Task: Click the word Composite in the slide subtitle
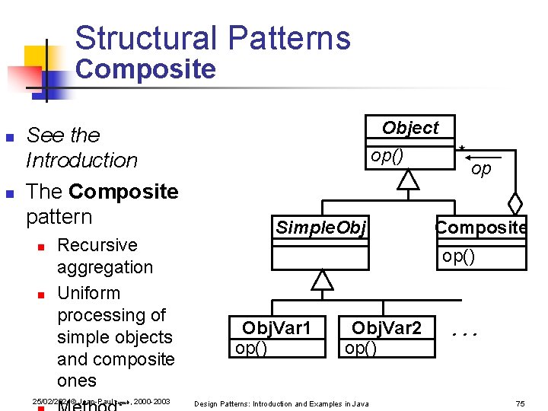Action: pos(145,70)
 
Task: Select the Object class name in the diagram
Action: pos(410,128)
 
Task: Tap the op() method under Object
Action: pos(387,156)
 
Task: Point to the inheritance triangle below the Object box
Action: pos(409,180)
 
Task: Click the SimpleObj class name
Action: pos(320,227)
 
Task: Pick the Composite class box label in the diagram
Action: pos(480,227)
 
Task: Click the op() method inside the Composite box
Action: pos(458,256)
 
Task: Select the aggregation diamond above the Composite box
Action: pos(515,204)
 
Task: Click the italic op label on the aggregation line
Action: pos(481,169)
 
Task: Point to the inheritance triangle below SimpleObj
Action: pos(323,280)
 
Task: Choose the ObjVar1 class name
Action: pos(276,328)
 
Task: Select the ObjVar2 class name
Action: pos(386,328)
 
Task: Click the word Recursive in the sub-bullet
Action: pos(97,245)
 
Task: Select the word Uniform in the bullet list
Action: pos(88,293)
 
